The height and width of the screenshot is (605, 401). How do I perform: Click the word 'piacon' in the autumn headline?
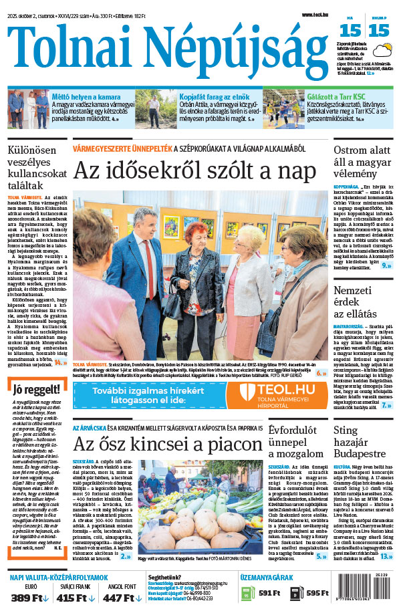click(226, 445)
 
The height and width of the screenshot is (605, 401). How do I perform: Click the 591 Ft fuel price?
click(269, 592)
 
